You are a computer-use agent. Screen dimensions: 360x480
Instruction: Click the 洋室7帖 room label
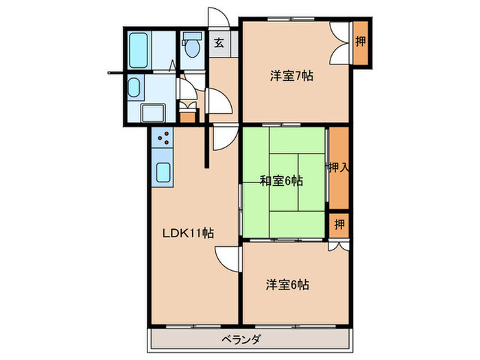[291, 77]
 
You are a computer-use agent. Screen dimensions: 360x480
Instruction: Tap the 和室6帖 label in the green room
[281, 181]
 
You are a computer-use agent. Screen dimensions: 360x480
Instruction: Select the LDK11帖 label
[188, 233]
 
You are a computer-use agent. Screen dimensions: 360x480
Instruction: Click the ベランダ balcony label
[241, 339]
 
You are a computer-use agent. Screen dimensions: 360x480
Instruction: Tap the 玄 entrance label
[219, 43]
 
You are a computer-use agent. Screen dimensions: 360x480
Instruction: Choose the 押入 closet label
[337, 167]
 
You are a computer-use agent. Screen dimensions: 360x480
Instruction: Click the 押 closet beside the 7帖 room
[360, 42]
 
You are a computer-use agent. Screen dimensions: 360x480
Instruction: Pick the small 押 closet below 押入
[339, 224]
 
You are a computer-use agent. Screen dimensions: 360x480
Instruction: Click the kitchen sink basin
[163, 171]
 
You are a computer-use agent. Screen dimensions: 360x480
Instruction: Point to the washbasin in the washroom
[134, 87]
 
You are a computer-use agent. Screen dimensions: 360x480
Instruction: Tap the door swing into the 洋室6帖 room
[228, 258]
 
